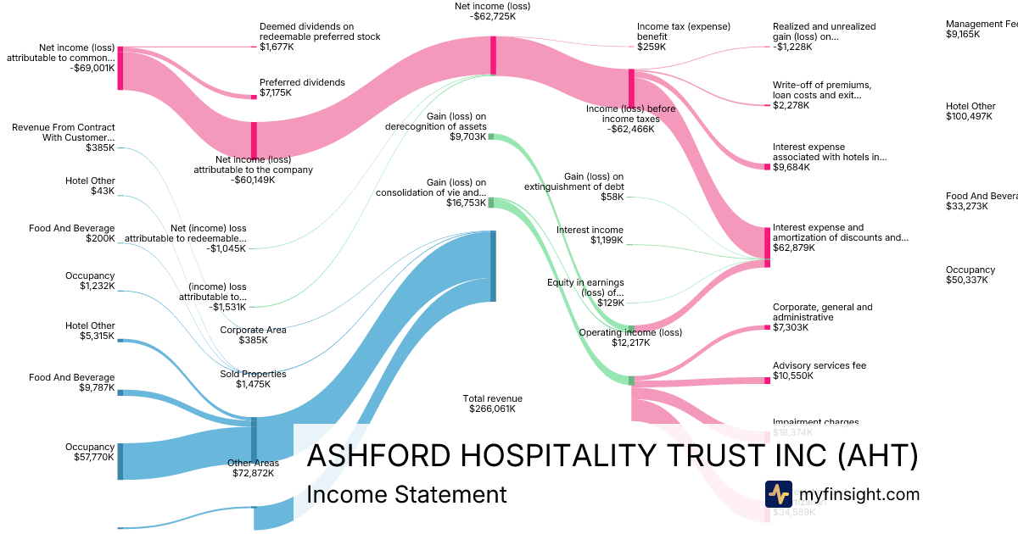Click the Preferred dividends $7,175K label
coord(302,87)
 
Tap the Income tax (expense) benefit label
coord(671,36)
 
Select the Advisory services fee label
coord(819,371)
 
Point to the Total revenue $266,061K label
coord(492,403)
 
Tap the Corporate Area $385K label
coord(253,335)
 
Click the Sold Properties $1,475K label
coord(253,379)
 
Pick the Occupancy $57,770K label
coord(90,452)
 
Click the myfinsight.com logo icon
coord(778,494)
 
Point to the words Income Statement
coord(406,494)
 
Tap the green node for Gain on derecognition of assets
coord(490,136)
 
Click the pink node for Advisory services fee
coord(767,381)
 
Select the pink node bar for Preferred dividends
coord(253,97)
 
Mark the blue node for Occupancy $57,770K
coord(120,461)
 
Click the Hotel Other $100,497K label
coord(970,111)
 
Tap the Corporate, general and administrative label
coord(822,317)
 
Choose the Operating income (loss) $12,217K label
coord(630,337)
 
